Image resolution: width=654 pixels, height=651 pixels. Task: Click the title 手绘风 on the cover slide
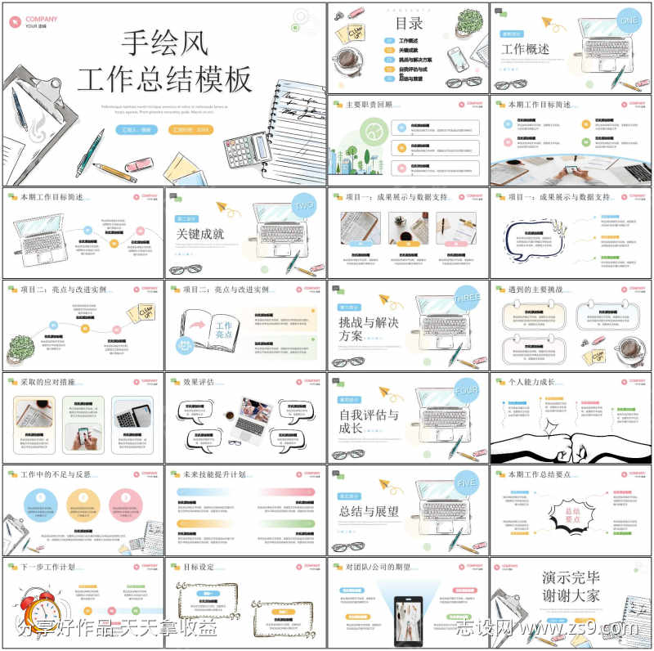click(163, 42)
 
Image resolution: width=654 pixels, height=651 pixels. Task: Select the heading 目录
click(409, 23)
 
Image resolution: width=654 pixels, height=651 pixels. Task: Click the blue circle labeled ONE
click(629, 20)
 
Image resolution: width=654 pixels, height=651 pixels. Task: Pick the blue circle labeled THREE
click(466, 299)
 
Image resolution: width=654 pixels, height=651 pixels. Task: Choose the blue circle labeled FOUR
click(466, 391)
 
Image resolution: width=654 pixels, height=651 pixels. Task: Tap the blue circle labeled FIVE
click(466, 483)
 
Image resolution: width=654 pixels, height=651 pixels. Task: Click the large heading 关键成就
click(199, 234)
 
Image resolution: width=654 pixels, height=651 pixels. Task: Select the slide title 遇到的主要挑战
click(540, 290)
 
